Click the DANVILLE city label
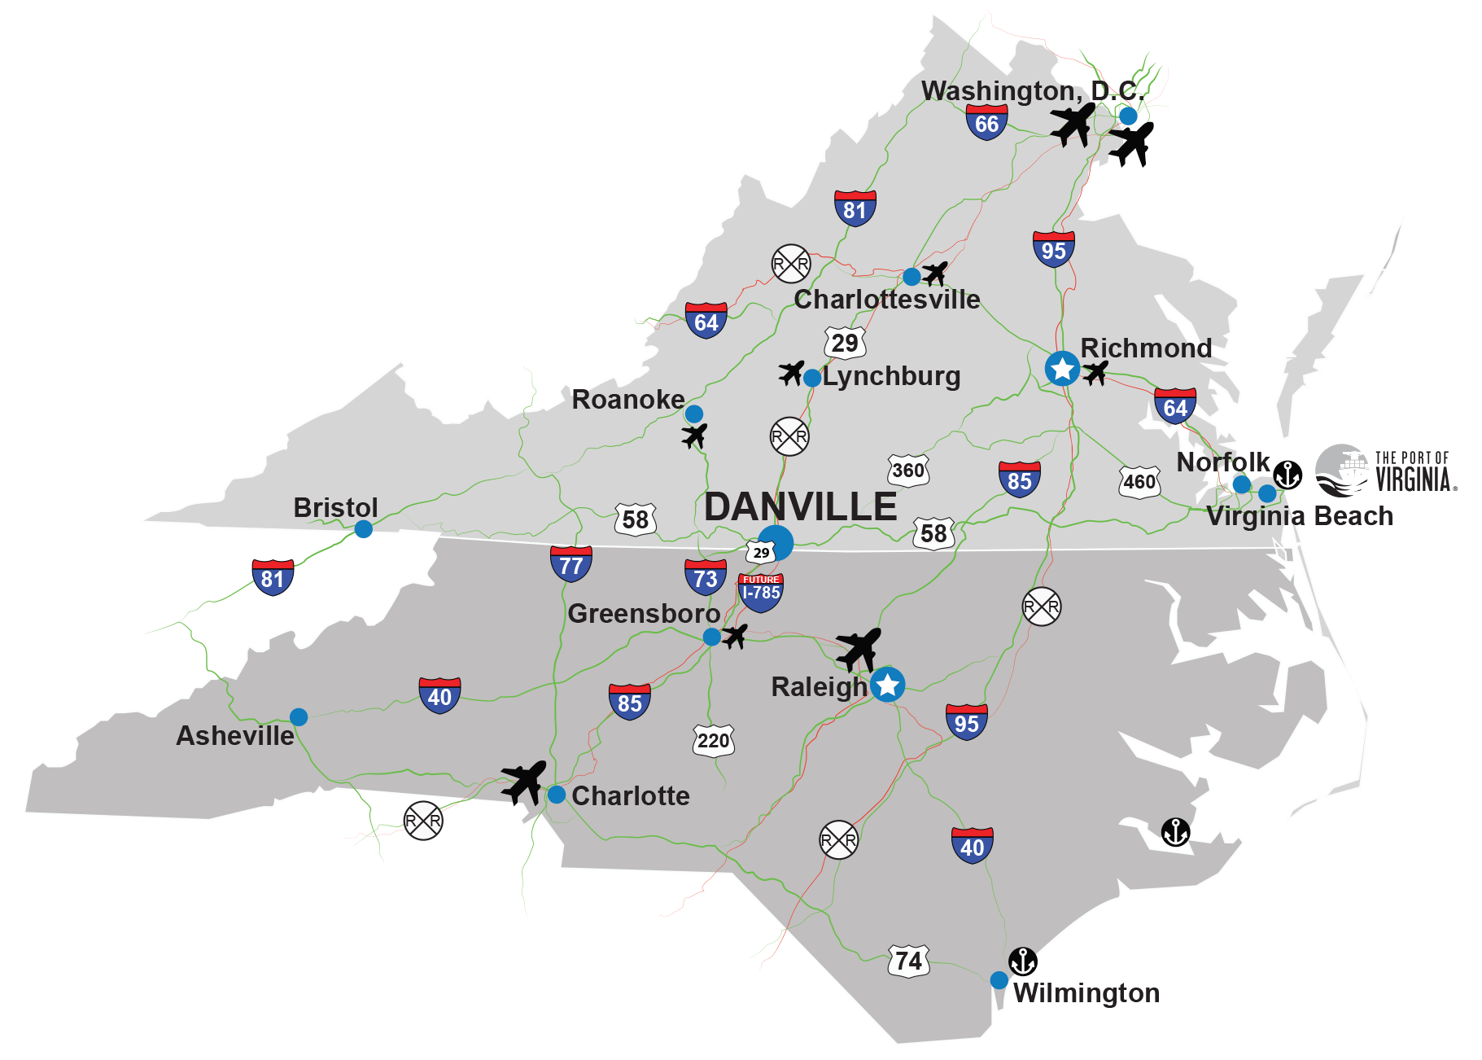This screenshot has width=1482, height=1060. [x=800, y=506]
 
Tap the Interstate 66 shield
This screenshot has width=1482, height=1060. [x=986, y=122]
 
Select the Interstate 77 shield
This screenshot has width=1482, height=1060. [x=571, y=564]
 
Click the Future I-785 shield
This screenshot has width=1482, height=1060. [x=761, y=592]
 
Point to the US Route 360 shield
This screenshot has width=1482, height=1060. [x=907, y=471]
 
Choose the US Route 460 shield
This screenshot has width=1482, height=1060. [x=1139, y=482]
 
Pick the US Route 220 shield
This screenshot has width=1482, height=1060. [x=713, y=740]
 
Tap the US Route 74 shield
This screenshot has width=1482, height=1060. [x=908, y=961]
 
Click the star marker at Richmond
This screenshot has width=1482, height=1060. [x=1062, y=369]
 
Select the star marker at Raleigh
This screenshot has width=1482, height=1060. [x=887, y=684]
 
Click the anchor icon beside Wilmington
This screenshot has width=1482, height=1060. [x=1022, y=961]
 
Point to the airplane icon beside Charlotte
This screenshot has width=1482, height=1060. [x=523, y=781]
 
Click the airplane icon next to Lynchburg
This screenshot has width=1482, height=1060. [x=791, y=373]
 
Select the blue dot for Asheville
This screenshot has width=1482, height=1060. [x=299, y=716]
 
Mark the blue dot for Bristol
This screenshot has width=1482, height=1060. [x=364, y=529]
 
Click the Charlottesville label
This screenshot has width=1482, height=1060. [x=886, y=300]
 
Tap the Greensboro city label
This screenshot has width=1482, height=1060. [x=643, y=613]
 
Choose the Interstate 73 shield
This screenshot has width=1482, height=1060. [x=705, y=577]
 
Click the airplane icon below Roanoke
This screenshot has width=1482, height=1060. [x=694, y=436]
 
